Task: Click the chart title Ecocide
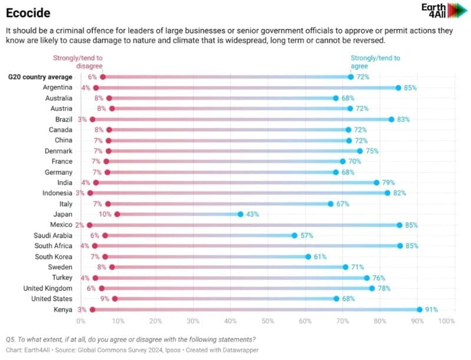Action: click(x=28, y=12)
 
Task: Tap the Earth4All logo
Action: click(x=443, y=11)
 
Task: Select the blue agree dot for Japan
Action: click(x=240, y=214)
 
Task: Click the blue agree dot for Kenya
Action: click(x=419, y=309)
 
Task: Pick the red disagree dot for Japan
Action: click(x=117, y=214)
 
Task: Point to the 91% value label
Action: click(x=432, y=309)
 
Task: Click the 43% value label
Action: click(x=253, y=214)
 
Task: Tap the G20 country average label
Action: click(x=39, y=77)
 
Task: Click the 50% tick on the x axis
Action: click(x=267, y=321)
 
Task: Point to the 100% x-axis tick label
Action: click(x=446, y=321)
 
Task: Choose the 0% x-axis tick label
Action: click(x=81, y=321)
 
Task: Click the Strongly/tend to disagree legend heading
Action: click(x=78, y=62)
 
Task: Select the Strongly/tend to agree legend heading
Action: click(x=375, y=62)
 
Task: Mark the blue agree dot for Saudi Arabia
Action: click(x=294, y=236)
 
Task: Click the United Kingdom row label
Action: click(x=48, y=288)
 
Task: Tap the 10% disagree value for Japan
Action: click(x=105, y=214)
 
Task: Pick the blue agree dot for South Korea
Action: click(x=308, y=257)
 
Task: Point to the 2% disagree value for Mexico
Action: click(x=79, y=225)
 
